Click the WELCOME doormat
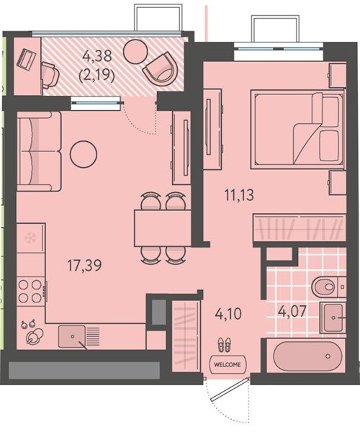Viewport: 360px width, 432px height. point(228,364)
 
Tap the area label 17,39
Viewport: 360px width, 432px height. point(84,265)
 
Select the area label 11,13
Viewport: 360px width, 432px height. point(239,196)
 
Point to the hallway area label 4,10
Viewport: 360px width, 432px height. point(228,313)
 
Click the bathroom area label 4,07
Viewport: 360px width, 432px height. point(292,312)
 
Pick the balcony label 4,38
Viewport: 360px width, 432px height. point(97,56)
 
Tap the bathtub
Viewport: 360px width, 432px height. point(307,356)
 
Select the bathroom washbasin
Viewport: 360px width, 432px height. point(333,318)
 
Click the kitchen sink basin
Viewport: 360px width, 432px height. point(71,336)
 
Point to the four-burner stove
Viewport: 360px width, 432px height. point(30,292)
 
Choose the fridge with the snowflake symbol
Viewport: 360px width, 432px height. point(30,238)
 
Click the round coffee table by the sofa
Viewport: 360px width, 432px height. point(84,154)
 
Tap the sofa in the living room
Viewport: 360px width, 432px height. point(39,151)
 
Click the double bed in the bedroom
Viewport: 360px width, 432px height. point(297,129)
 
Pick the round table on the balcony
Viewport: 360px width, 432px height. point(135,51)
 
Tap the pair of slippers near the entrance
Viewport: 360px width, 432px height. point(225,345)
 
